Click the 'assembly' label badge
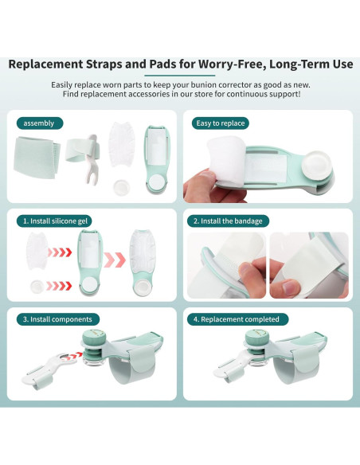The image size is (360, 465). pyautogui.click(x=39, y=123)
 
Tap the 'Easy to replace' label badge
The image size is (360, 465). pyautogui.click(x=221, y=123)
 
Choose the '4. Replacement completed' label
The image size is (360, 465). pyautogui.click(x=241, y=319)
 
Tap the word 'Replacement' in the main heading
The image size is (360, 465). pyautogui.click(x=60, y=64)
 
